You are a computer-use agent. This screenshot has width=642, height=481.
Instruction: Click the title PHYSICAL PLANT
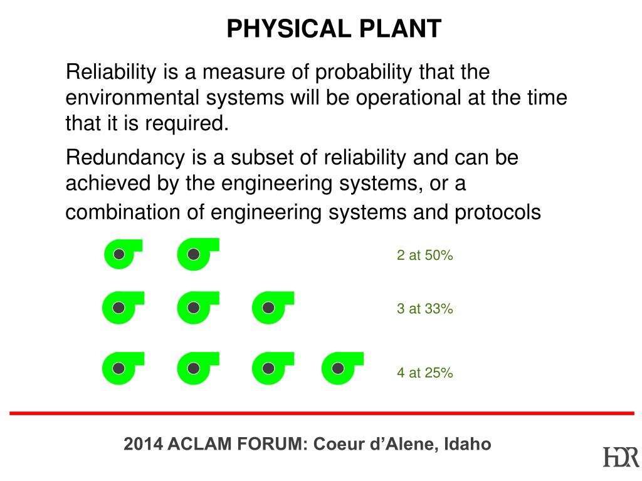pos(334,29)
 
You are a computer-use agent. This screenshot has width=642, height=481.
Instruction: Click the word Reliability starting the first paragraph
pos(111,73)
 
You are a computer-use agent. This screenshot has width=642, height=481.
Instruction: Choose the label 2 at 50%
pos(424,256)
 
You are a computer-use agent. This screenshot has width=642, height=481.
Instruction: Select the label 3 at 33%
pos(424,309)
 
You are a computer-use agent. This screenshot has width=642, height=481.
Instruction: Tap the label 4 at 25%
pos(424,373)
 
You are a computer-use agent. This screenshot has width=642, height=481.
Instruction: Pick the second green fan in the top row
pos(196,254)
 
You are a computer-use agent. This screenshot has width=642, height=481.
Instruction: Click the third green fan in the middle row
pos(270,308)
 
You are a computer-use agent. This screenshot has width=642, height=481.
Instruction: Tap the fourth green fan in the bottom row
pos(340,368)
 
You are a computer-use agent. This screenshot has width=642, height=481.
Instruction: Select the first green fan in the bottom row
pos(121,368)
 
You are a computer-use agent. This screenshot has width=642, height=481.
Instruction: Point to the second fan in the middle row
pos(196,308)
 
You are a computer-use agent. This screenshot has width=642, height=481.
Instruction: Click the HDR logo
pos(621,457)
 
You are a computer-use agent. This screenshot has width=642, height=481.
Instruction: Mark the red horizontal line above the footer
pos(322,413)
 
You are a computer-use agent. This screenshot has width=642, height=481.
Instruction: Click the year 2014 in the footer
pos(143,445)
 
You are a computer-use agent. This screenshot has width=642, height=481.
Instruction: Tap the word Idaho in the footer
pos(468,445)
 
